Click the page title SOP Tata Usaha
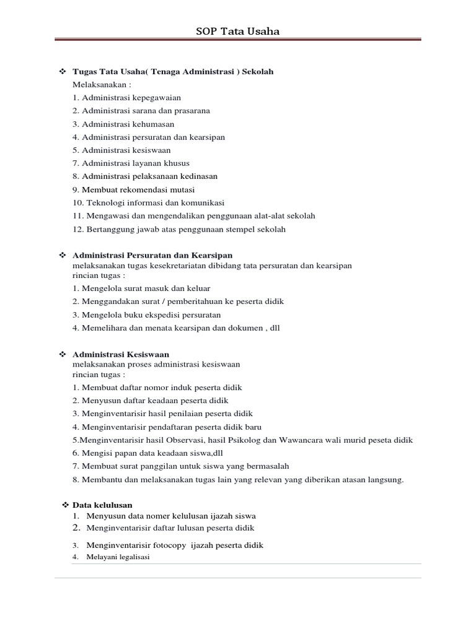[237, 31]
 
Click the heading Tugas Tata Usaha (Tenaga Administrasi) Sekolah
[173, 72]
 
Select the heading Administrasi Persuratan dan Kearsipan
[152, 255]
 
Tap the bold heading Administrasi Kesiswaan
[121, 354]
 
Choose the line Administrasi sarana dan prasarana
[141, 111]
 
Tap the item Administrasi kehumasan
[123, 124]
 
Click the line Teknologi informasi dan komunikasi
[148, 202]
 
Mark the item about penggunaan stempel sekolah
[179, 229]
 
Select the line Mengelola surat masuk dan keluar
[141, 289]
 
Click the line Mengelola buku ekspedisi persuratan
[146, 315]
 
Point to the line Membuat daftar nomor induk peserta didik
[157, 388]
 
